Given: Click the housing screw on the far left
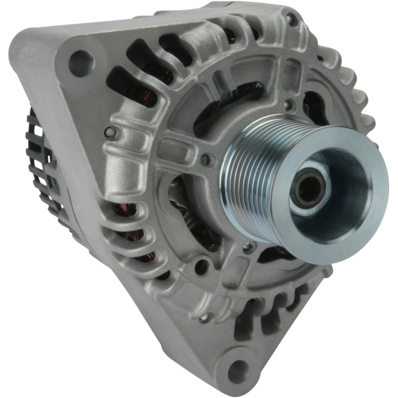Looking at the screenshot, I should click(x=110, y=132).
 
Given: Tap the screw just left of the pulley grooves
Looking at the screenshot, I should click(x=204, y=159).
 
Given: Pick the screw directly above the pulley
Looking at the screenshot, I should click(x=288, y=105).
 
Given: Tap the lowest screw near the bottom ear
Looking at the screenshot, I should click(x=204, y=317).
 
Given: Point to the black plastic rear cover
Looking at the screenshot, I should click(x=42, y=164).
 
